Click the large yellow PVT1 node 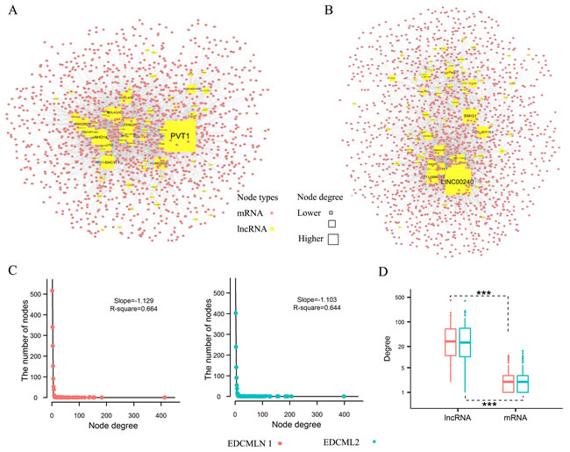point(179,137)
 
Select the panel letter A point(11,10)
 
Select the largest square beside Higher point(333,239)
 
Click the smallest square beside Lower point(332,213)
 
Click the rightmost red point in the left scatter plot point(165,397)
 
